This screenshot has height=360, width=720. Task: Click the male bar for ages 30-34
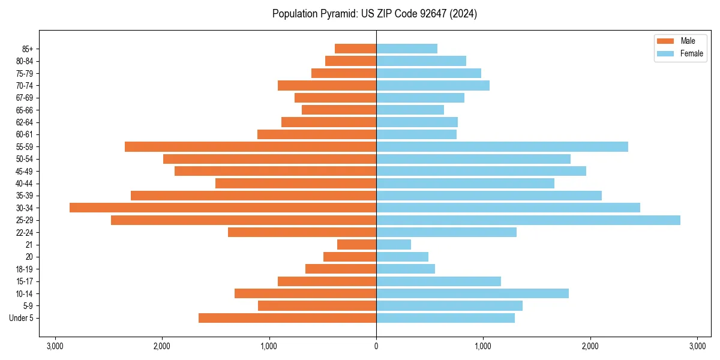click(223, 208)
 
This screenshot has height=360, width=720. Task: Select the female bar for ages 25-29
click(528, 220)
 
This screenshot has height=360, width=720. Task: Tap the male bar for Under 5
click(287, 318)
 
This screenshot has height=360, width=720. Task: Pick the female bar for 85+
click(407, 49)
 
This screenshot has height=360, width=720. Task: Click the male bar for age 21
click(356, 245)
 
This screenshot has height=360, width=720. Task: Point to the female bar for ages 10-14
click(472, 293)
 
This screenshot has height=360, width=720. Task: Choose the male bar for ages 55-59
click(250, 146)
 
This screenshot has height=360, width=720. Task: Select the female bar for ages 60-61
click(416, 134)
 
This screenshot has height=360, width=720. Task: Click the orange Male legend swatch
click(666, 41)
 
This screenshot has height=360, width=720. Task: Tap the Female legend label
click(692, 53)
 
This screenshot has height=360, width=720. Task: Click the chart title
click(374, 14)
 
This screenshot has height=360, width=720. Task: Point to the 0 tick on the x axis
click(376, 346)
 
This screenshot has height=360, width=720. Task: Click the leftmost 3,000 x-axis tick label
click(55, 346)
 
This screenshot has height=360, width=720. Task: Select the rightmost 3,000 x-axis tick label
click(697, 346)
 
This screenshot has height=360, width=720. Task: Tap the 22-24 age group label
click(25, 233)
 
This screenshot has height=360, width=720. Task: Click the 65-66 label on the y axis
click(25, 110)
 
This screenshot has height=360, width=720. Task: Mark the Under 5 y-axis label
click(22, 318)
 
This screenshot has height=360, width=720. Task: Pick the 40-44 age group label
click(25, 184)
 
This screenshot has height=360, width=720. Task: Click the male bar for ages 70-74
click(327, 85)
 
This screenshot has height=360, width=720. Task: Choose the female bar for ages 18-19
click(406, 269)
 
